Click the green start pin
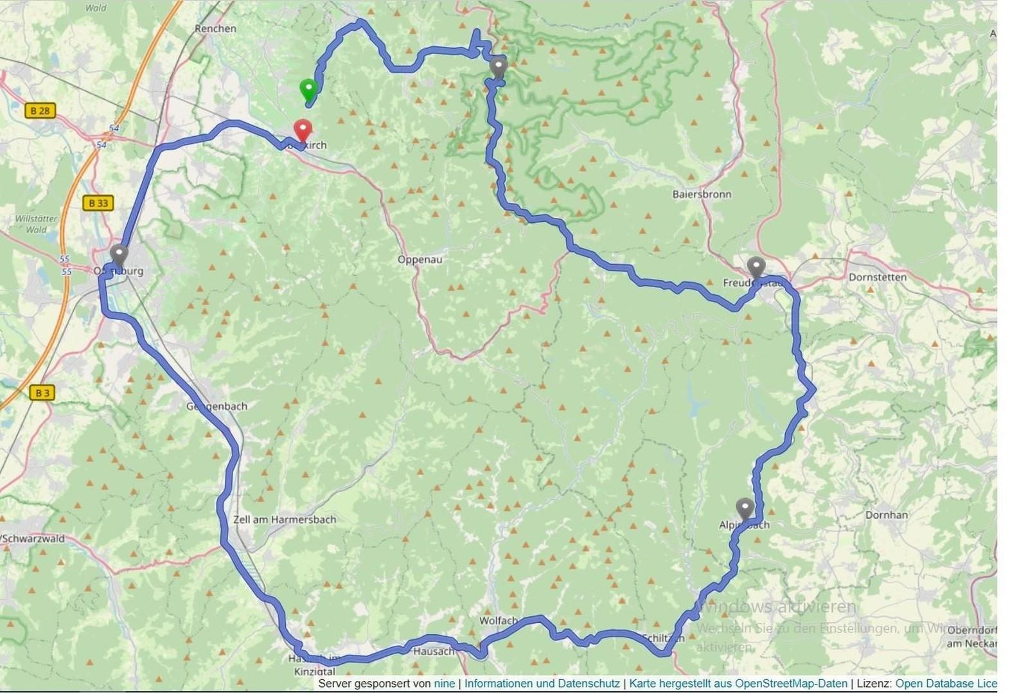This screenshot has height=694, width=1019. point(308,89)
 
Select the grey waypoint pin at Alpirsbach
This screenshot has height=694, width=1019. point(745,508)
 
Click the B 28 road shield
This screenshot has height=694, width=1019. point(40,111)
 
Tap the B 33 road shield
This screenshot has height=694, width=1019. point(98,203)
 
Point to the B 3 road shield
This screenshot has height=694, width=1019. point(42,392)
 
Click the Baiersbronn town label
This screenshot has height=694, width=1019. point(702,194)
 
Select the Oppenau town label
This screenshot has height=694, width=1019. point(420,260)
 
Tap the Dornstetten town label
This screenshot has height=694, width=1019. point(877,277)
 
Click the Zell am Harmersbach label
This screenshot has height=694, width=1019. point(284,519)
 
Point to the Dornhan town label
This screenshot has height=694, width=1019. point(886,515)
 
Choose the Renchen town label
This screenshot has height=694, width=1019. point(215,29)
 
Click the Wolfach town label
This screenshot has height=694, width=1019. point(498,620)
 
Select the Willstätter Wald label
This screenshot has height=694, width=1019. point(36,224)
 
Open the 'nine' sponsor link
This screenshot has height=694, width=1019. point(444,684)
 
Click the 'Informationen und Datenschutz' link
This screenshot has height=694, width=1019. point(542,684)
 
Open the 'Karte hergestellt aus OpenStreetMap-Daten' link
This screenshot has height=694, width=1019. point(738,684)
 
